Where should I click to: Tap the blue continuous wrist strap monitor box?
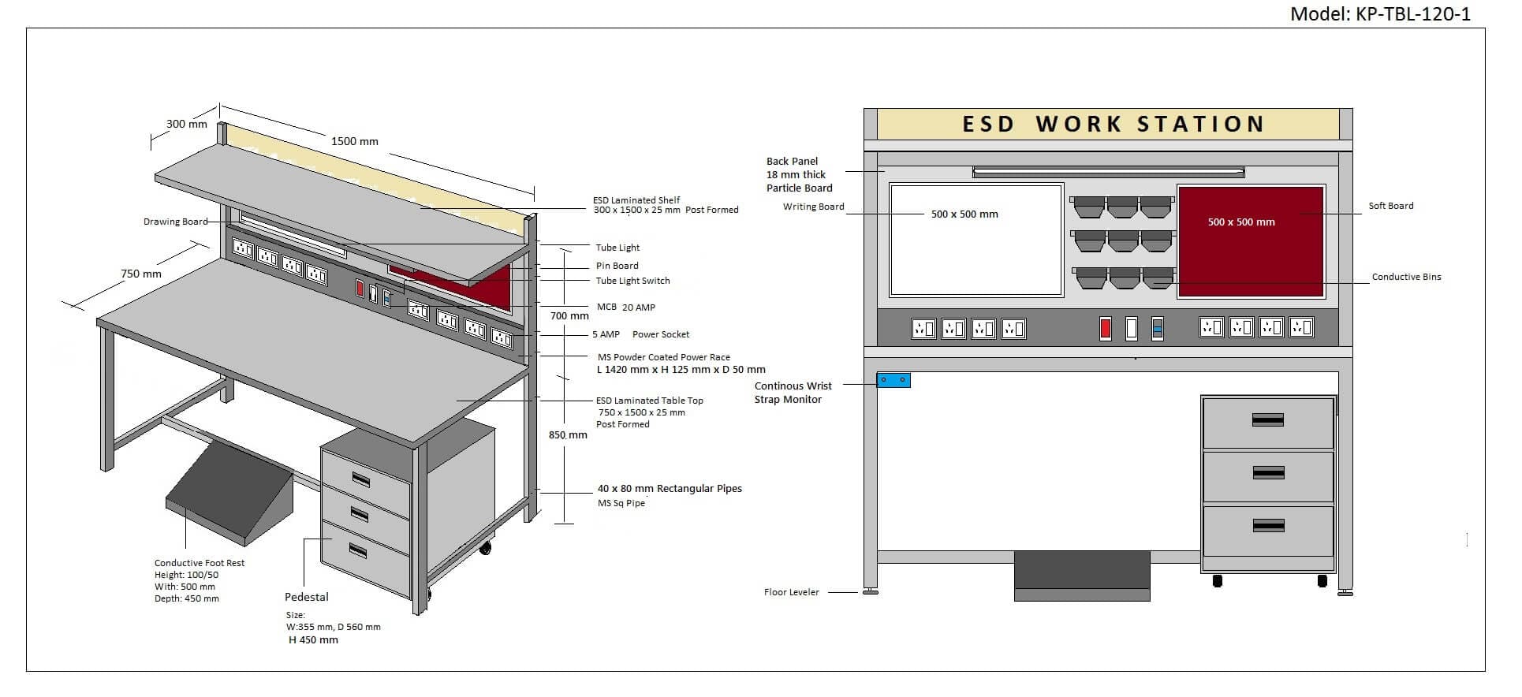coord(893,380)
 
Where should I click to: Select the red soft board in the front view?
coord(1250,241)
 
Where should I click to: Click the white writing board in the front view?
coord(976,240)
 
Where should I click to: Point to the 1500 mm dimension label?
coord(354,141)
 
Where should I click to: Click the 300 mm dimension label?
coord(187,124)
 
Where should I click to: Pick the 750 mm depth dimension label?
coord(141,274)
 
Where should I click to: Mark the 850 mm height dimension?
coord(568,434)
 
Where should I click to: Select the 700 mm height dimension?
coord(569,315)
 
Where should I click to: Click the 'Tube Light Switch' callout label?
coord(632,281)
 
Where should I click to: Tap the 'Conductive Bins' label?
coord(1406,277)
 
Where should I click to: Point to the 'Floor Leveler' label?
coord(791,592)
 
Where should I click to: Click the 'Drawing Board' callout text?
coord(175,222)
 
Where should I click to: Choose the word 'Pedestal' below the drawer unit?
coord(307,597)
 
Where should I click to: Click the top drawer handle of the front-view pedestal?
coord(1268,420)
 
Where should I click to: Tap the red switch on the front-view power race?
coord(1106,328)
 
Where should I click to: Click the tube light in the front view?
coord(1108,172)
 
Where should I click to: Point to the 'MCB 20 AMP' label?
coord(625,307)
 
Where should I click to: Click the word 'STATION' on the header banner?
coord(1201,125)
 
